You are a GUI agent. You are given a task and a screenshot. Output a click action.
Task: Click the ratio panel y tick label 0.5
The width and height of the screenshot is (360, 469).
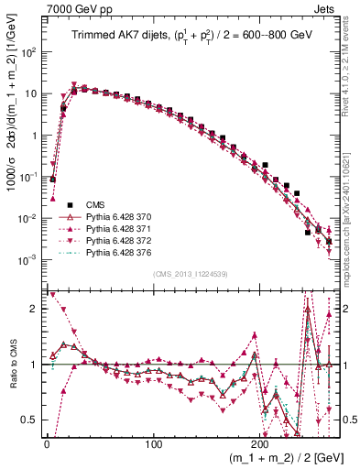(x=32, y=420)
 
